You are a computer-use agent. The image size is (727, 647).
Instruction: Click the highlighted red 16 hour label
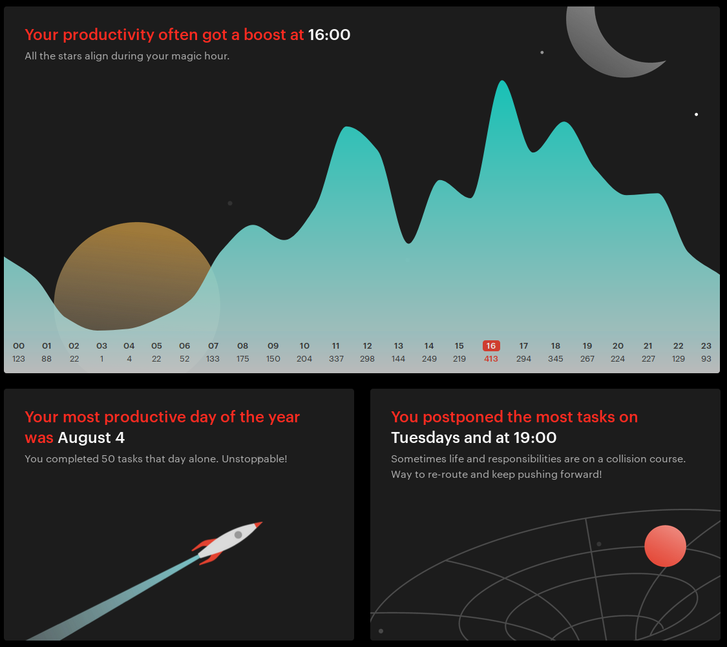tap(491, 346)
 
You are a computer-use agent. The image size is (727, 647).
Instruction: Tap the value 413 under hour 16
tap(491, 359)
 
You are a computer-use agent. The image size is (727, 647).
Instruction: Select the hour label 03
tap(101, 346)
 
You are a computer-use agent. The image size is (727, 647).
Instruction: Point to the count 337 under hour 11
tap(336, 359)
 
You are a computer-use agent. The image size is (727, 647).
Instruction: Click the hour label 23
tap(706, 346)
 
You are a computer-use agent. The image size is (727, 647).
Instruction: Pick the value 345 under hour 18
tap(556, 359)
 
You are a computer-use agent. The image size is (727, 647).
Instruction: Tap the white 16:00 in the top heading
tap(329, 35)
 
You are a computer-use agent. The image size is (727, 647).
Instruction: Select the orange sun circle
tap(137, 278)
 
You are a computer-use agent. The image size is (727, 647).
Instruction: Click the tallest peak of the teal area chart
tap(502, 81)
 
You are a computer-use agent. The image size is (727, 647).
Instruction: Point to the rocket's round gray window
tap(238, 535)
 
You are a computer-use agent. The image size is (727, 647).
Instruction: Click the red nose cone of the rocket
tap(258, 524)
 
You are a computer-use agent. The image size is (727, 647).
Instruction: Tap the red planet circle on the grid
tap(666, 546)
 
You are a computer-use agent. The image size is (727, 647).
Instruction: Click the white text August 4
tap(91, 438)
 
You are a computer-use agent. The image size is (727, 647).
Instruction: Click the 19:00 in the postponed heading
tap(536, 438)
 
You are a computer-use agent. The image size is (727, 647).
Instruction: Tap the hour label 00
tap(19, 346)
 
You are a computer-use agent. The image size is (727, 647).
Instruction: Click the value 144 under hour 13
tap(398, 359)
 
